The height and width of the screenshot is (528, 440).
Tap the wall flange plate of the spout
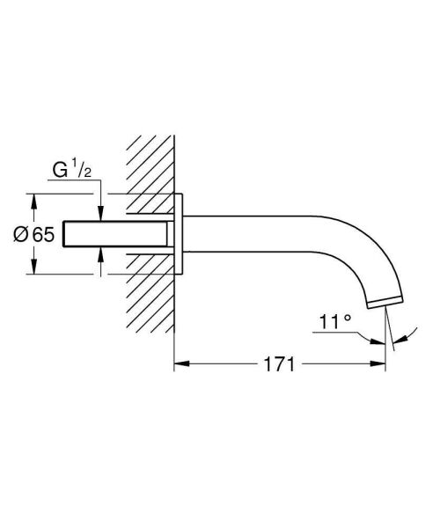tap(180, 233)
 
